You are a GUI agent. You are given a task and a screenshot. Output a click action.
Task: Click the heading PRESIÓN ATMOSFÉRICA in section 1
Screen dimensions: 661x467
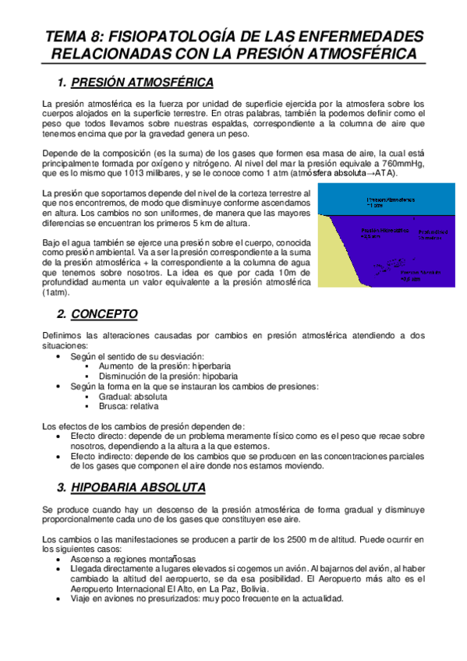[142, 82]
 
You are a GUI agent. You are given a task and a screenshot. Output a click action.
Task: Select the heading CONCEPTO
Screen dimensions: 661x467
[104, 314]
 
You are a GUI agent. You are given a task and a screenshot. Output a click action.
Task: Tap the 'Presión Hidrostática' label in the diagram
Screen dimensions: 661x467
[383, 234]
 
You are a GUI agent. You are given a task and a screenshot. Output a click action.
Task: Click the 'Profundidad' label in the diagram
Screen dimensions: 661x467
[433, 234]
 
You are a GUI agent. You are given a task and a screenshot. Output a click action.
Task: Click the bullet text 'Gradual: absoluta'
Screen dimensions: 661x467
[132, 396]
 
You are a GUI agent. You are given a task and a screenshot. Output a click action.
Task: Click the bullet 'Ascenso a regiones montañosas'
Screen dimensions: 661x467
[133, 560]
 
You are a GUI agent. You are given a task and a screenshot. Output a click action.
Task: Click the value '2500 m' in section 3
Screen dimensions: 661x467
[297, 539]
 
